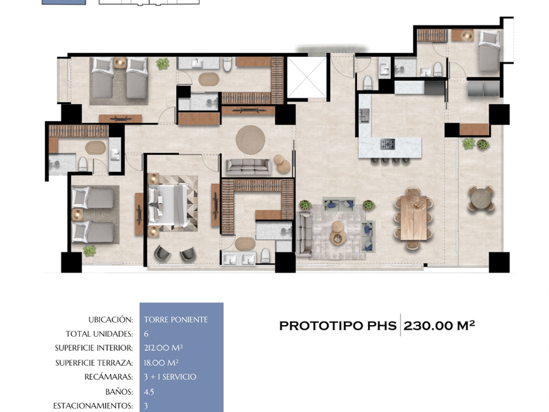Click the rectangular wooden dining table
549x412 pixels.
pos(414,218)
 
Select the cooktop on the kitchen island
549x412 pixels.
pos(388,144)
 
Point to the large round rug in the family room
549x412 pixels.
pos(250,139)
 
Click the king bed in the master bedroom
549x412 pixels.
pos(168,205)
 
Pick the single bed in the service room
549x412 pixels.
pos(490,51)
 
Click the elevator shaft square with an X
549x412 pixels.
pos(307,77)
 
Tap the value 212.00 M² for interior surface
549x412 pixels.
pos(163,348)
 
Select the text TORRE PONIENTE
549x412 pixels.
pos(176,320)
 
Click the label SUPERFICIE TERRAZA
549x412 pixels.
pos(94,362)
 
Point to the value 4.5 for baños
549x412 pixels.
pos(149,392)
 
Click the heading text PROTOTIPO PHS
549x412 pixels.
pos(338,326)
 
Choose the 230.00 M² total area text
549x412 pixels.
pos(439,326)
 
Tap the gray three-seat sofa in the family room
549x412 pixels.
pos(248,167)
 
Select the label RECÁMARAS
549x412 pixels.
pos(108,377)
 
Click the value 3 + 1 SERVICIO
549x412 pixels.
pos(170,377)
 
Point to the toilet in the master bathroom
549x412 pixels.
pos(265,256)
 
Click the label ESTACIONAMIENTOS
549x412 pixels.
pos(93,405)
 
